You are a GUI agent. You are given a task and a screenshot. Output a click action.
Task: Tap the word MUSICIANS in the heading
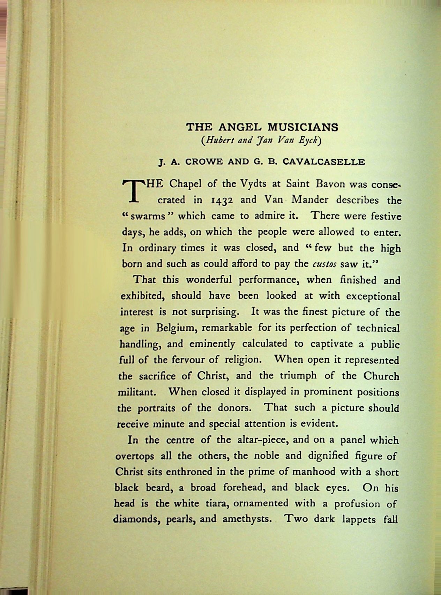306,127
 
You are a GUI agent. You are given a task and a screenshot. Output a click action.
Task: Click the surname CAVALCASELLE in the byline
324,162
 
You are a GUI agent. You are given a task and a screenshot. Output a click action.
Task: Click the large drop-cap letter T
133,191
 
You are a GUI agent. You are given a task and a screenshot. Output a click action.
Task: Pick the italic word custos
324,264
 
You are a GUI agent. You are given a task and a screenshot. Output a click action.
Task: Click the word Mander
310,200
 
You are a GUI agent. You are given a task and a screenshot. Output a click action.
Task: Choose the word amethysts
247,519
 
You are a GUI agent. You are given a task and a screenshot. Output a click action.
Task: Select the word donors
233,408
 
